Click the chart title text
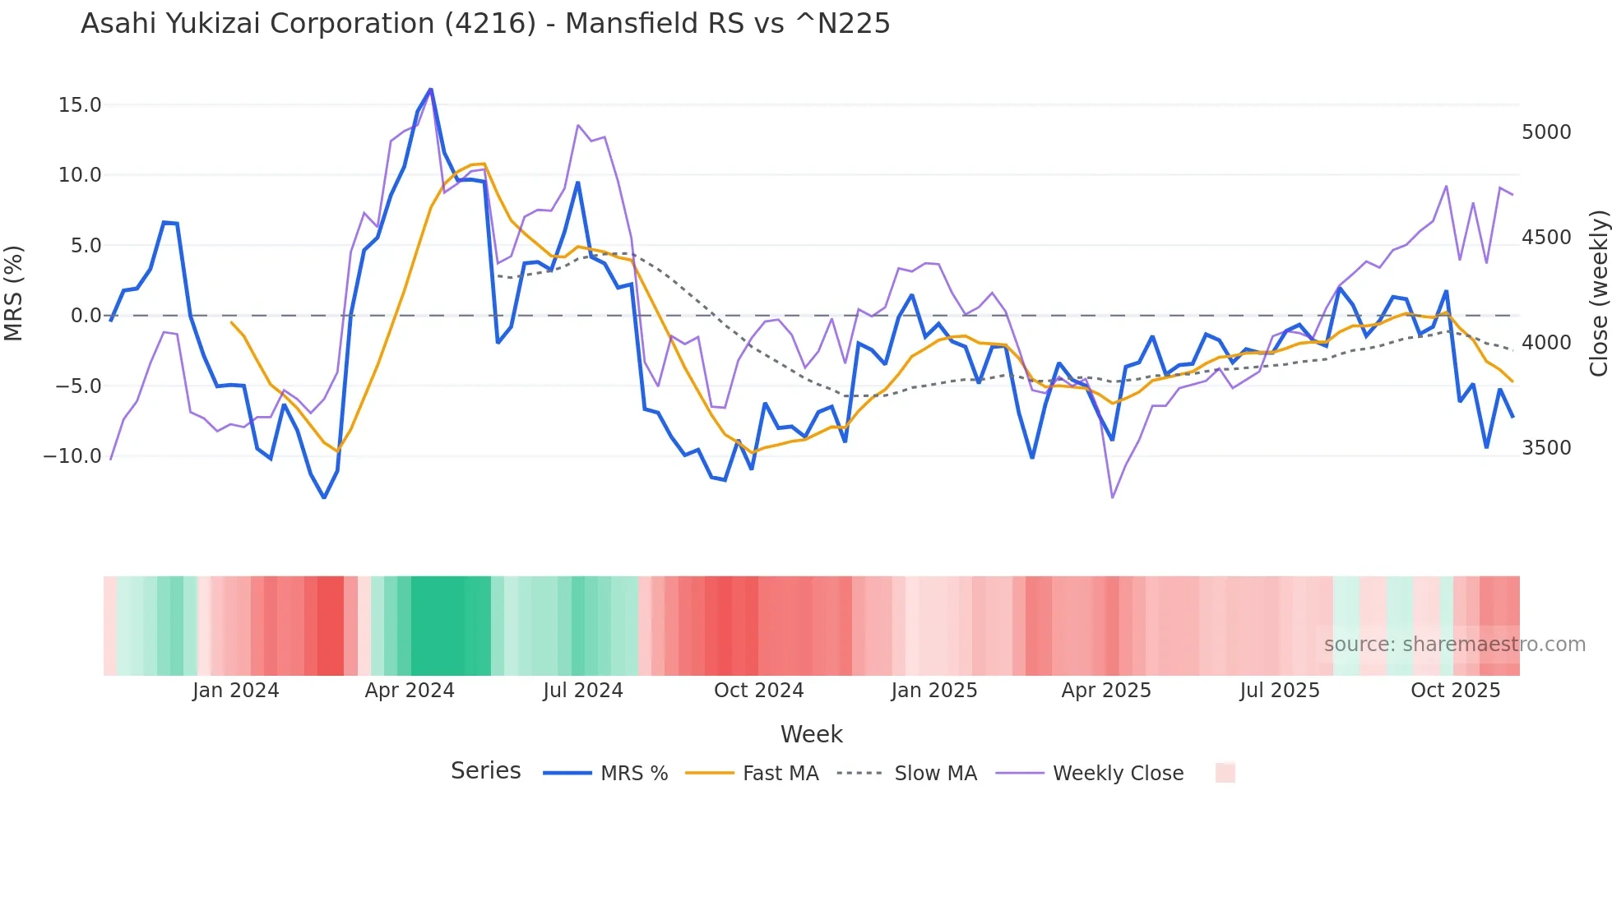[485, 24]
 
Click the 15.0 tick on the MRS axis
[80, 105]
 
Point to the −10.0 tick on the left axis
[72, 456]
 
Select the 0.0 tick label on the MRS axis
[86, 316]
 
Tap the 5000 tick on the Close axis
[1546, 132]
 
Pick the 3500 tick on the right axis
[1546, 448]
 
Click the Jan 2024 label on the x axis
[236, 691]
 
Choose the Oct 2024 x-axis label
[758, 691]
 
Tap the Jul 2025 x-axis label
[1280, 691]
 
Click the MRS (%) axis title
[14, 293]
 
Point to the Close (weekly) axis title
[1598, 293]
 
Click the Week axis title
[811, 734]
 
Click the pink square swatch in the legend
[1225, 773]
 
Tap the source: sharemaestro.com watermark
[1454, 645]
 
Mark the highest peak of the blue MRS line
[430, 90]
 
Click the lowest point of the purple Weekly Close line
[1113, 497]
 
